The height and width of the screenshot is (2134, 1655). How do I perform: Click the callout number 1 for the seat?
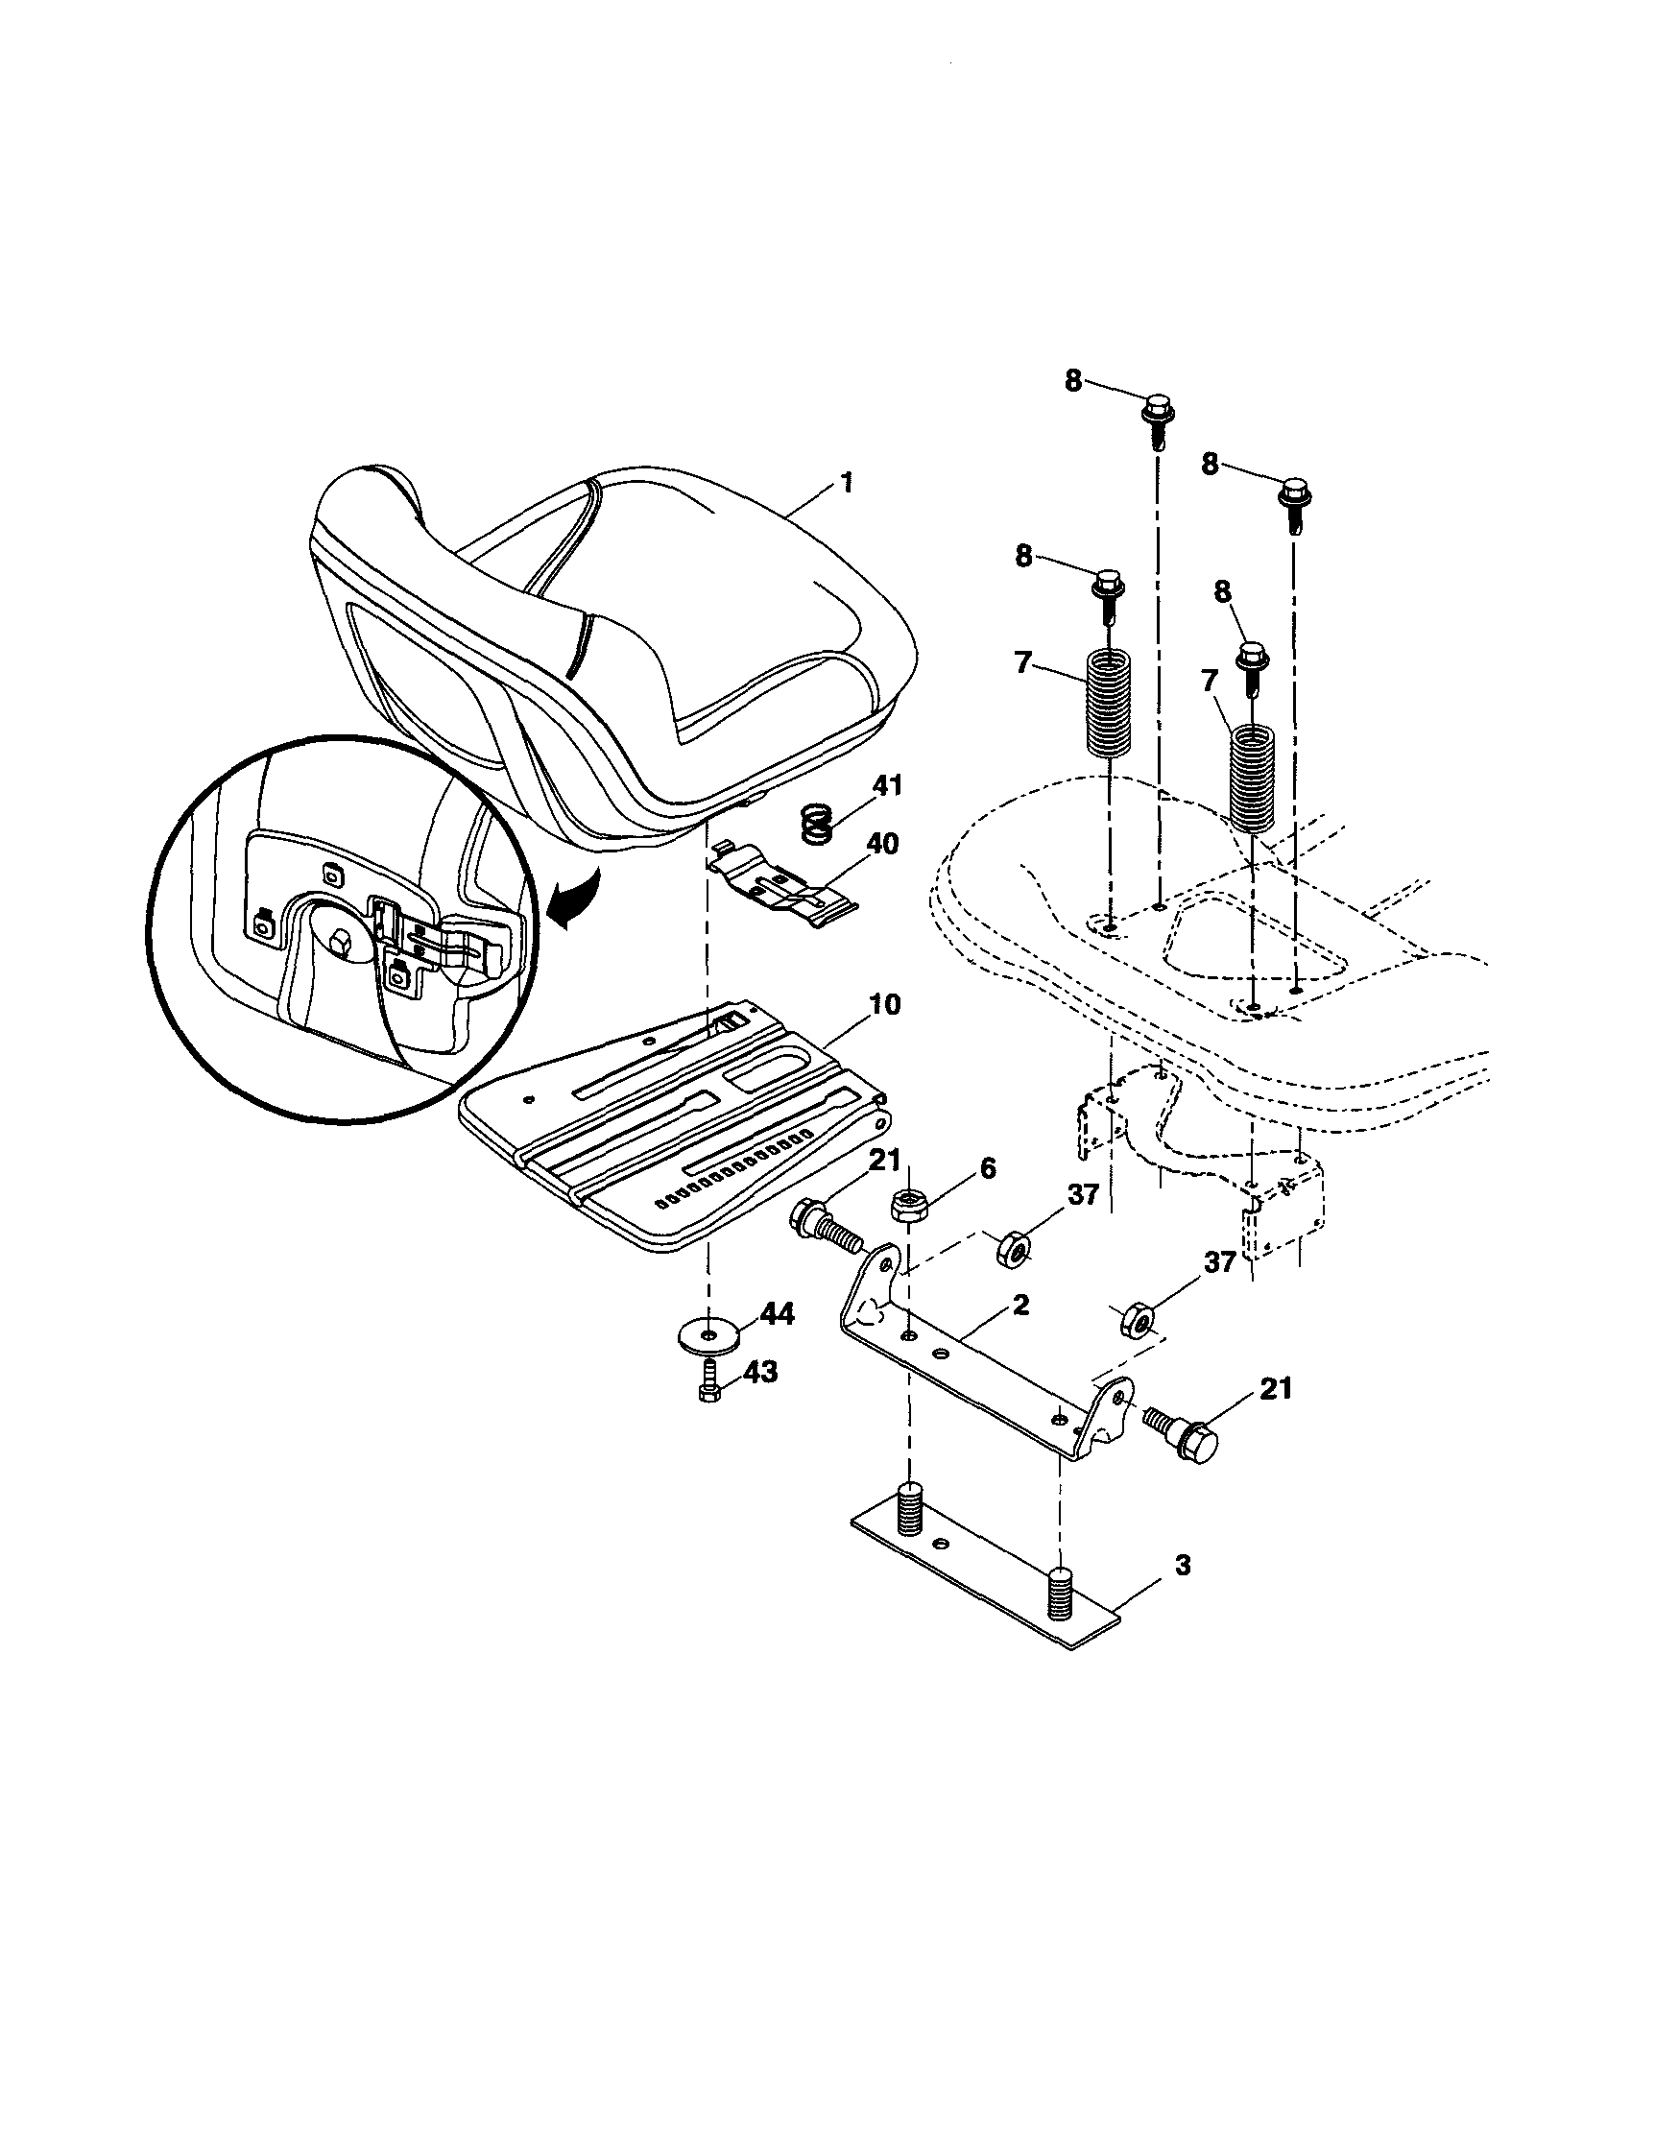click(847, 483)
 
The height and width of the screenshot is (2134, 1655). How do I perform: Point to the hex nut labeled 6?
click(908, 1207)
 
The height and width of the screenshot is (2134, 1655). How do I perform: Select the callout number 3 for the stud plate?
click(1182, 1566)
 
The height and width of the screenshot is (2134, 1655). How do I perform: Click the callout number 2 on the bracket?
click(1019, 1306)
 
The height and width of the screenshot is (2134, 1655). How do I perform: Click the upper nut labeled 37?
click(1011, 1250)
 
